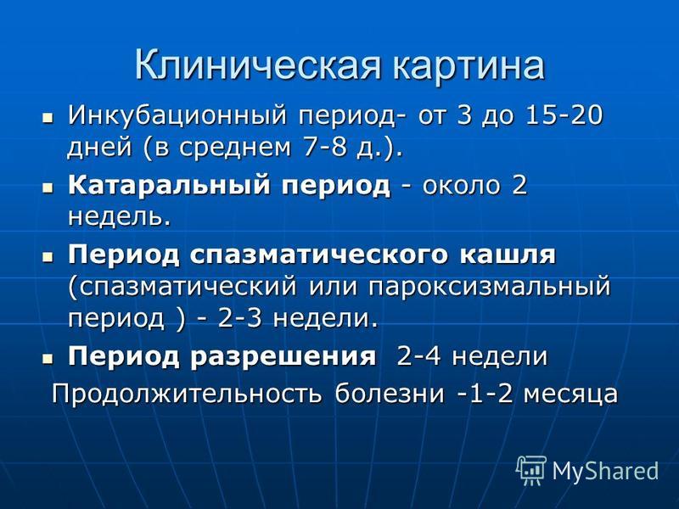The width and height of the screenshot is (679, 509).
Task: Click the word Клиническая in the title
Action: [x=258, y=65]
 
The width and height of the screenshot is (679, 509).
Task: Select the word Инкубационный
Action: [x=177, y=116]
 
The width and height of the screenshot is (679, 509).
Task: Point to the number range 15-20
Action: [x=564, y=115]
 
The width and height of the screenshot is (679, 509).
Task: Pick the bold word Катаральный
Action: [x=169, y=186]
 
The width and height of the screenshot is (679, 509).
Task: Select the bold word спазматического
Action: [x=318, y=255]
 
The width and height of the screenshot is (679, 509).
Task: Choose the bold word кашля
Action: [x=507, y=254]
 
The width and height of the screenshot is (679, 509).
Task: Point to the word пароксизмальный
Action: [x=490, y=287]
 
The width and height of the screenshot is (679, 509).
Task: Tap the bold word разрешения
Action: [x=283, y=357]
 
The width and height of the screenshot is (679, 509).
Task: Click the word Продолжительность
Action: [x=187, y=394]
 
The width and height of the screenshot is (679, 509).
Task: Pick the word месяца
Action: [x=570, y=394]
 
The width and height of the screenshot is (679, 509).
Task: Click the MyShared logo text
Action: [x=606, y=471]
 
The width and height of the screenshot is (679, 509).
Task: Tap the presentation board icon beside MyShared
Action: [x=531, y=470]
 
